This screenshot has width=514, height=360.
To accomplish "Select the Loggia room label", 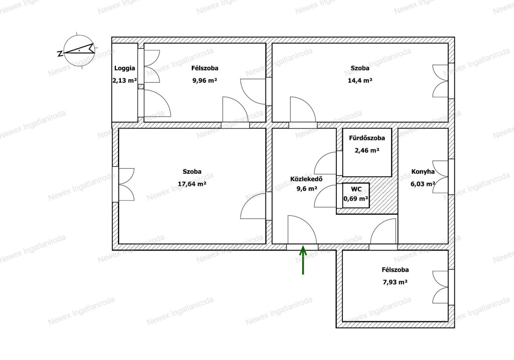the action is click(124, 68).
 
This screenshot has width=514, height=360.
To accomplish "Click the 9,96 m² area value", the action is click(205, 80).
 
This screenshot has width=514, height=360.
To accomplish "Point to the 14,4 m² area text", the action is click(360, 80).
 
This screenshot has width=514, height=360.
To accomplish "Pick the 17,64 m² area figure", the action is click(192, 184).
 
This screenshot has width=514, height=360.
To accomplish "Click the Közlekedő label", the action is click(306, 179).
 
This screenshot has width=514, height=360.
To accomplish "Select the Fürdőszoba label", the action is click(367, 138).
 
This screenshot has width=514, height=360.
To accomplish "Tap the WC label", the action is click(356, 189).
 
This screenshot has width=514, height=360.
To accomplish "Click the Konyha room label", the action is click(423, 172).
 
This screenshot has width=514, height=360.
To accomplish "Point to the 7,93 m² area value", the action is click(395, 282).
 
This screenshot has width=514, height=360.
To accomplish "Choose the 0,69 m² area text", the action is click(356, 199).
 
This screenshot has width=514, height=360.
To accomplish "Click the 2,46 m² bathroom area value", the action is click(367, 151).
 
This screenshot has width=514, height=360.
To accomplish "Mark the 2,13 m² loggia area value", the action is click(124, 81).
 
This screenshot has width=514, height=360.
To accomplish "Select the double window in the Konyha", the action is click(440, 177).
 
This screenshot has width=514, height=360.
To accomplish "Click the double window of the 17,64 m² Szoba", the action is click(126, 185).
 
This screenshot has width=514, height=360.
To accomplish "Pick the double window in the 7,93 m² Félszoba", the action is click(440, 287).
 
